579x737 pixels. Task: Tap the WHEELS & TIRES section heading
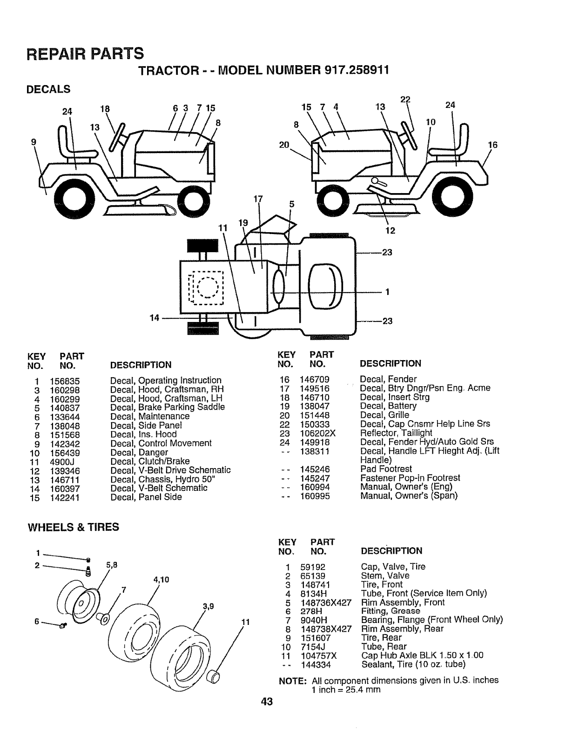74,527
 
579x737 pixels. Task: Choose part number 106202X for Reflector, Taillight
319,433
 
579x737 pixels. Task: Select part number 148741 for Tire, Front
316,584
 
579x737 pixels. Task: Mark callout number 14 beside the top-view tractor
154,318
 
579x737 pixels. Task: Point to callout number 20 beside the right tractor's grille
284,145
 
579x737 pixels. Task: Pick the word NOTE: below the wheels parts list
292,680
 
